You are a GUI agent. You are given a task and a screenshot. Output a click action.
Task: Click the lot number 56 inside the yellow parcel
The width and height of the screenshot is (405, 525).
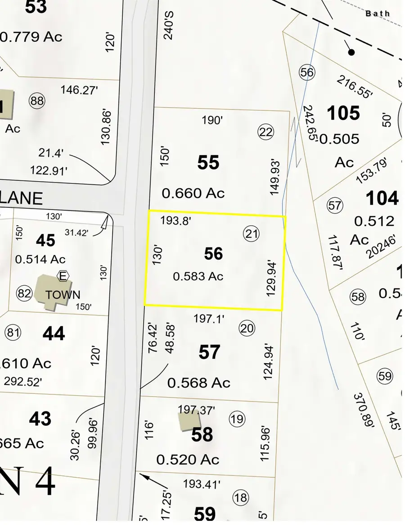pyautogui.click(x=213, y=254)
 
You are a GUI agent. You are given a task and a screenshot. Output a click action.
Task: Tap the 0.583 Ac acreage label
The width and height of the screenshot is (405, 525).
pyautogui.click(x=198, y=276)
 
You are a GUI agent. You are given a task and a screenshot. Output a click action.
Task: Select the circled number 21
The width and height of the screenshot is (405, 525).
pyautogui.click(x=252, y=233)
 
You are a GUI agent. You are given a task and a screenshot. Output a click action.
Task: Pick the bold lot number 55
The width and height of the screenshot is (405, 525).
pyautogui.click(x=208, y=162)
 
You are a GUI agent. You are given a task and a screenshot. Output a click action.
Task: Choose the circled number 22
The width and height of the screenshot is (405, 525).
pyautogui.click(x=266, y=132)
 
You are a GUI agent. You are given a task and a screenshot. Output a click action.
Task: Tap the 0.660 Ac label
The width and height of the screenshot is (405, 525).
pyautogui.click(x=193, y=193)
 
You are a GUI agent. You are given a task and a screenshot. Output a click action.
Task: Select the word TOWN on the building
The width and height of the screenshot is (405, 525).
pyautogui.click(x=63, y=295)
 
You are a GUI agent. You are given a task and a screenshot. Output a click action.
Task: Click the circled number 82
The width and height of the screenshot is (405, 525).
pyautogui.click(x=24, y=294)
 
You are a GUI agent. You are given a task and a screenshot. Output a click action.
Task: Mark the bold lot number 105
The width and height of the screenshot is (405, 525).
pyautogui.click(x=343, y=113)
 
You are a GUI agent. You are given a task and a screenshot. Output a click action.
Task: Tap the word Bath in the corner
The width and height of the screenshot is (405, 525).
pyautogui.click(x=378, y=14)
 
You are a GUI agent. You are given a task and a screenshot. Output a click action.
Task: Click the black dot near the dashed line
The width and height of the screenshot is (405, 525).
pyautogui.click(x=351, y=52)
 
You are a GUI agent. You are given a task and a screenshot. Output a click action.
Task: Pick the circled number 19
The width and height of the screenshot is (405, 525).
pyautogui.click(x=237, y=419)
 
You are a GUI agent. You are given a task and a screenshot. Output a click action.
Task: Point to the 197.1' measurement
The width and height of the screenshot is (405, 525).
pyautogui.click(x=209, y=319)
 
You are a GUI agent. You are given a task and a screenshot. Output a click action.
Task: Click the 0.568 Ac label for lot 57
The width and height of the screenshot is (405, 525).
pyautogui.click(x=198, y=383)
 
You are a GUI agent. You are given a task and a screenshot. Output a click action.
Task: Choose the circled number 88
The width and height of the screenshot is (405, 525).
pyautogui.click(x=37, y=101)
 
